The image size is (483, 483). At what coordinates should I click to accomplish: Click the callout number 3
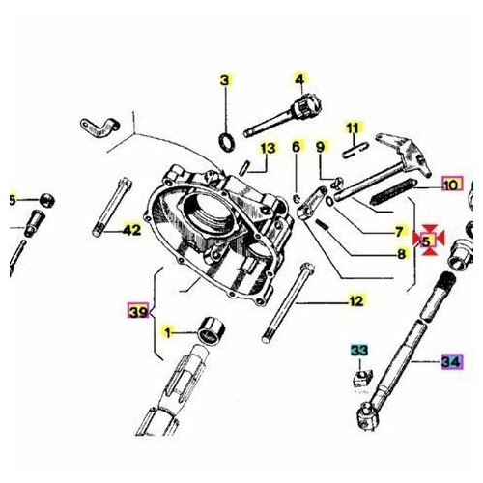[225, 80]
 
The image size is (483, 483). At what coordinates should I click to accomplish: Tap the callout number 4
[299, 79]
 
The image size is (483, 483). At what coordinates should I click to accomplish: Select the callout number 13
[268, 149]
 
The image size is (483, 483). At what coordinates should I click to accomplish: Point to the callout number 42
[132, 230]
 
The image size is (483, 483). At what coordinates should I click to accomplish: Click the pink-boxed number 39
[138, 311]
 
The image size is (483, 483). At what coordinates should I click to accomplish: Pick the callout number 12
[356, 301]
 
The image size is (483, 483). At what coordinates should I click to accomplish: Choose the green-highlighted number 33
[359, 351]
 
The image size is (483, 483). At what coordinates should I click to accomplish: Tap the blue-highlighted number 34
[452, 362]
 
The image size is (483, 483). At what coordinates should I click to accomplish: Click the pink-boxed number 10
[452, 185]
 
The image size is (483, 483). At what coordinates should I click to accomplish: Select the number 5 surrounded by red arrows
[426, 241]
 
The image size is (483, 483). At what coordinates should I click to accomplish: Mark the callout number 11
[353, 128]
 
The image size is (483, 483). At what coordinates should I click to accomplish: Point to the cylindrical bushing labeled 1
[211, 331]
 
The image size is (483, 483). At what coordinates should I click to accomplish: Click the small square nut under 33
[363, 378]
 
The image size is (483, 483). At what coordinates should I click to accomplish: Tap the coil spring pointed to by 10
[392, 191]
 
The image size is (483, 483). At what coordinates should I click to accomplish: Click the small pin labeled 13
[243, 168]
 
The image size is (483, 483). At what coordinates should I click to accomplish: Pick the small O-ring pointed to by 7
[330, 201]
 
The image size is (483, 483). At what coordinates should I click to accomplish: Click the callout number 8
[401, 254]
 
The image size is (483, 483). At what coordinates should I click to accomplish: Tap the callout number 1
[167, 333]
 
